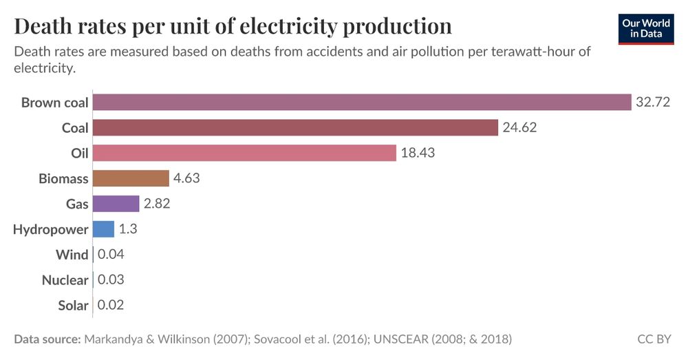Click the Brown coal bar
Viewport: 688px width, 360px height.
pyautogui.click(x=362, y=103)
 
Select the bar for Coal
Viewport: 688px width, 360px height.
pyautogui.click(x=295, y=128)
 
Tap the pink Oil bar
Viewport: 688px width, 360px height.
pyautogui.click(x=244, y=153)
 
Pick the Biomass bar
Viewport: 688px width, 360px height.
pyautogui.click(x=131, y=178)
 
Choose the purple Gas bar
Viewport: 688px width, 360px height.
pyautogui.click(x=116, y=204)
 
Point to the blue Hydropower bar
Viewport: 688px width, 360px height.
pyautogui.click(x=103, y=229)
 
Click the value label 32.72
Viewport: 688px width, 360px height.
pyautogui.click(x=653, y=103)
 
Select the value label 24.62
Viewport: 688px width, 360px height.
pyautogui.click(x=519, y=128)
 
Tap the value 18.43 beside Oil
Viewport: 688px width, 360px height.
pyautogui.click(x=418, y=153)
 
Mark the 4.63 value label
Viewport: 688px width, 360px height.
pyautogui.click(x=186, y=178)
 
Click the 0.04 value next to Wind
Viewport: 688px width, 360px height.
pyautogui.click(x=111, y=255)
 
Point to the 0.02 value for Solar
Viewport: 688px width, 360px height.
pyautogui.click(x=111, y=305)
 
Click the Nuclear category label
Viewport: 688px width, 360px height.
pyautogui.click(x=65, y=280)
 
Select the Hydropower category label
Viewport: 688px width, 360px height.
pyautogui.click(x=51, y=229)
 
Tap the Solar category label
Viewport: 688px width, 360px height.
pyautogui.click(x=73, y=306)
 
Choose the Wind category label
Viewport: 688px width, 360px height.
pyautogui.click(x=72, y=255)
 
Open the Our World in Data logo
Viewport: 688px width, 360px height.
pyautogui.click(x=646, y=28)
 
